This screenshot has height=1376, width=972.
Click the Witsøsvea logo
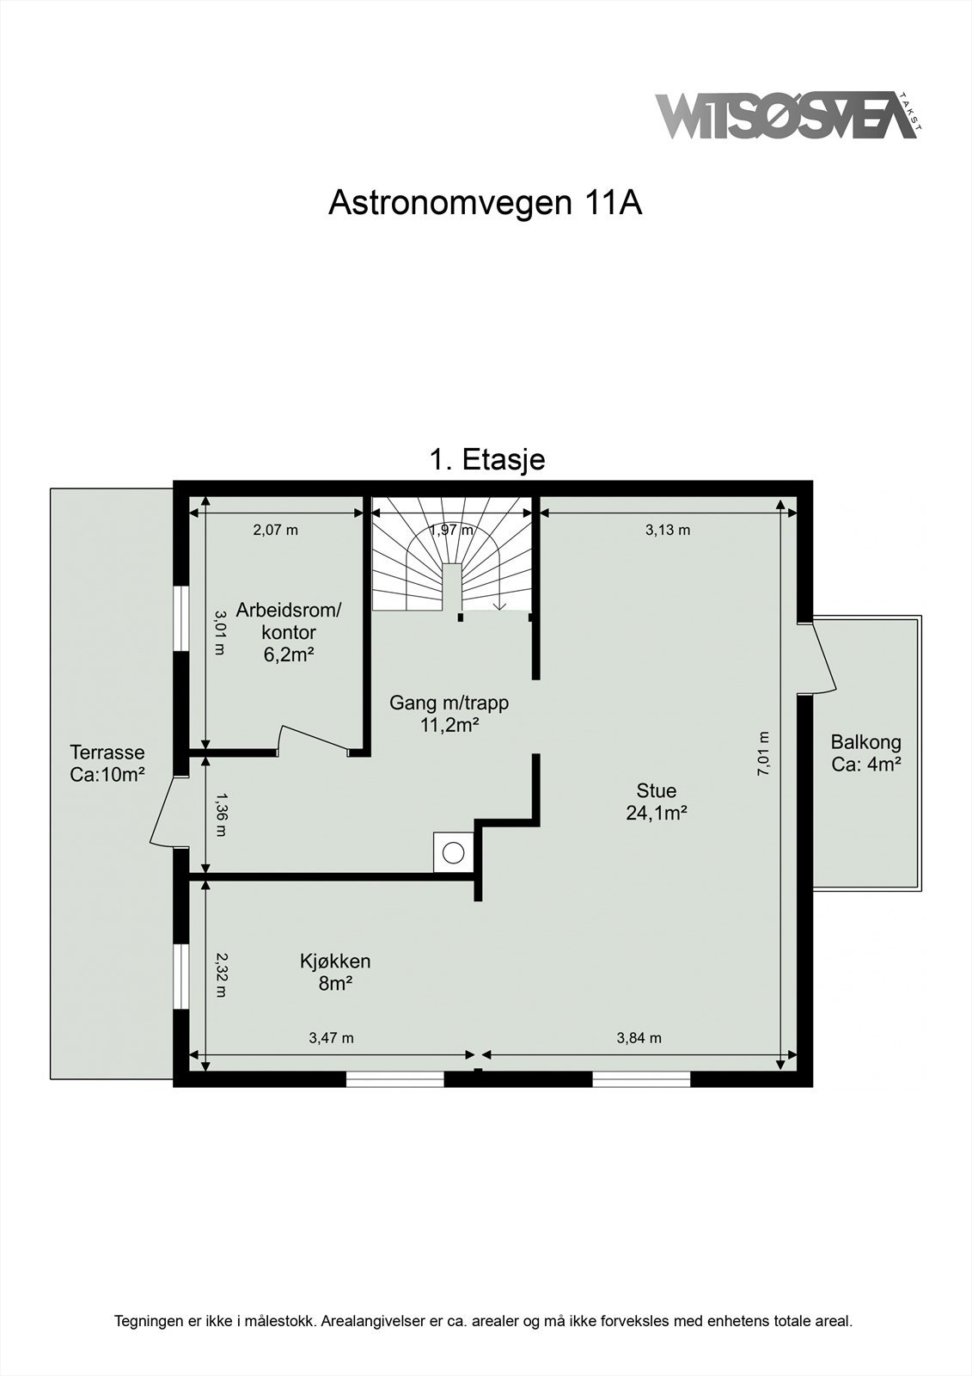[x=786, y=115]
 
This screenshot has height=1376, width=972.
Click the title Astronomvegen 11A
[x=486, y=203]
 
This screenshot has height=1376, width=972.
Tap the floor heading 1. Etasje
[x=486, y=459]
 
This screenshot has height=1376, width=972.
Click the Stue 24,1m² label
[x=656, y=802]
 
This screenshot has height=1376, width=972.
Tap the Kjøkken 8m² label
[x=335, y=972]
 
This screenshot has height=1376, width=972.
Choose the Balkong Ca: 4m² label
[x=865, y=753]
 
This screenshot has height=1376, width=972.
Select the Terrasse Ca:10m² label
[x=107, y=763]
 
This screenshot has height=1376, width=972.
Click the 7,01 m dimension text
[x=763, y=753]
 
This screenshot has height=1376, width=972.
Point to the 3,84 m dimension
[x=639, y=1038]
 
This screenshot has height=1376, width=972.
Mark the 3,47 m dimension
[x=331, y=1038]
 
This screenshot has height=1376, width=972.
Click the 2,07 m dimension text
[x=275, y=530]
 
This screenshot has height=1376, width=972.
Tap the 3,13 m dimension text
[x=667, y=530]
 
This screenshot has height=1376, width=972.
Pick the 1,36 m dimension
[x=220, y=814]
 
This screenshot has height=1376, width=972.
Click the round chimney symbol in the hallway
[x=453, y=852]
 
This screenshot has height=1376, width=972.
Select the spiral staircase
[x=451, y=555]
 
